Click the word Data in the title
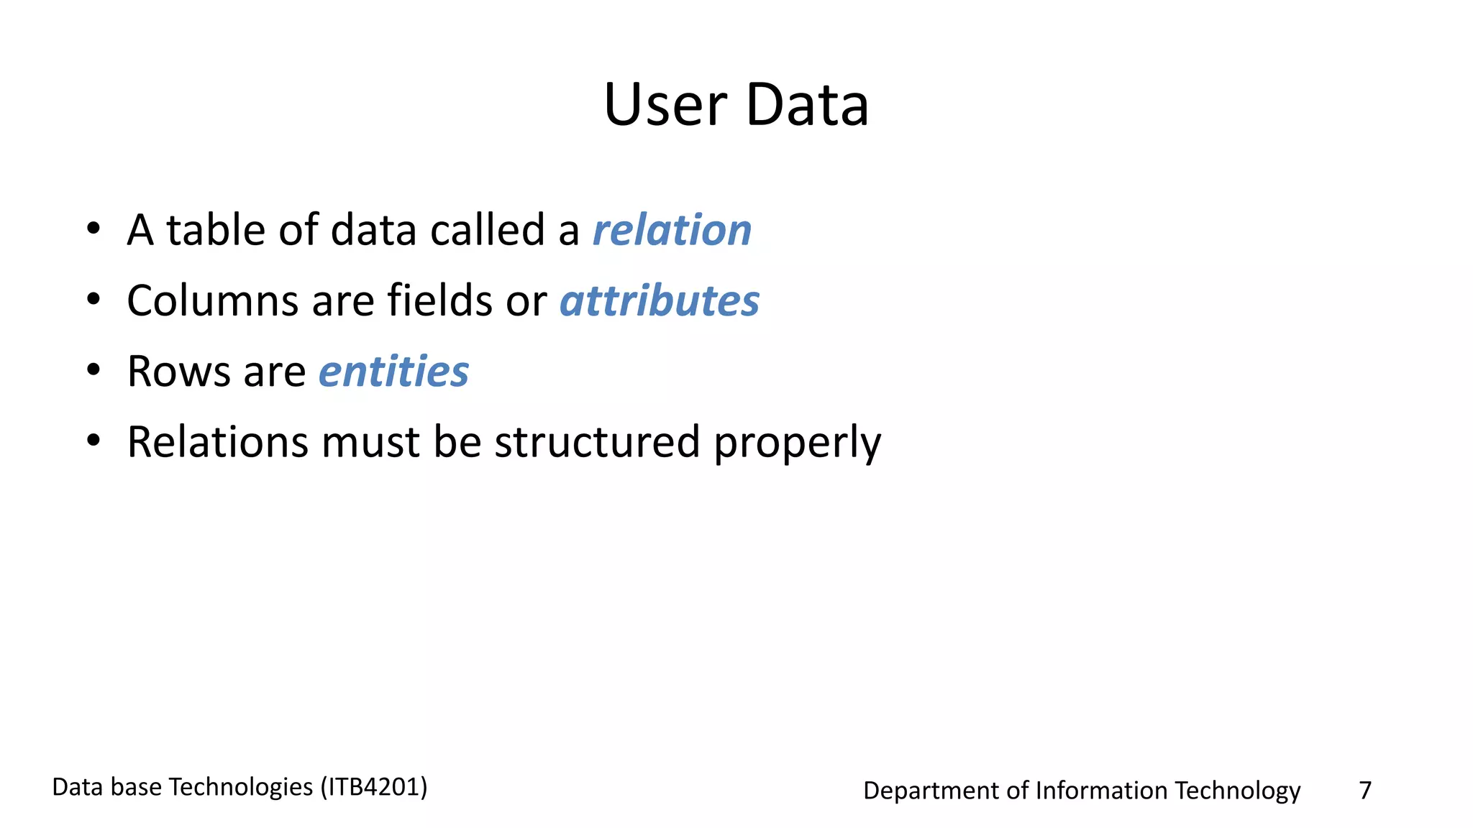tap(807, 105)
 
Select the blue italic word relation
tap(672, 230)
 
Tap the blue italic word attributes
tap(660, 300)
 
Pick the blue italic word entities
tap(393, 372)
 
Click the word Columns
tap(212, 300)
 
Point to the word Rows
tap(179, 372)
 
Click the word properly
tap(797, 443)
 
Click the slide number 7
tap(1365, 790)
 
